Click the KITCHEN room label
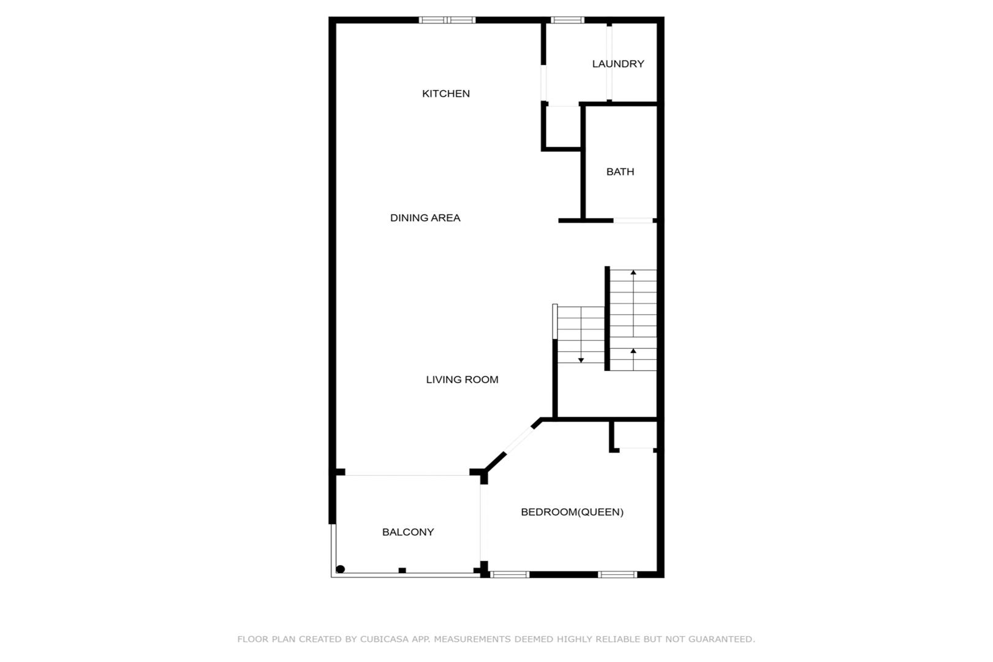pyautogui.click(x=445, y=94)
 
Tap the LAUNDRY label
pyautogui.click(x=618, y=64)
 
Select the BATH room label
pyautogui.click(x=620, y=172)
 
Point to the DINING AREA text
pyautogui.click(x=425, y=218)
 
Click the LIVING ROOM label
pyautogui.click(x=462, y=379)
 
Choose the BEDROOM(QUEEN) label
pyautogui.click(x=572, y=512)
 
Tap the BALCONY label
pyautogui.click(x=408, y=532)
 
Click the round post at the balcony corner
pyautogui.click(x=341, y=569)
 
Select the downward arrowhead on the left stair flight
pyautogui.click(x=581, y=360)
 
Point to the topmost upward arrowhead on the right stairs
pyautogui.click(x=633, y=272)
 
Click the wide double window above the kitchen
pyautogui.click(x=447, y=20)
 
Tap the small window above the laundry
pyautogui.click(x=567, y=20)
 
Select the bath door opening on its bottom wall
pyautogui.click(x=633, y=221)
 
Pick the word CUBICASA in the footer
pyautogui.click(x=384, y=639)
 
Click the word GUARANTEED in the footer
pyautogui.click(x=721, y=639)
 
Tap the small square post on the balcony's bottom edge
pyautogui.click(x=402, y=570)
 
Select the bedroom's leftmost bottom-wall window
pyautogui.click(x=510, y=574)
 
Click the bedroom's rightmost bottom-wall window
pyautogui.click(x=617, y=574)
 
